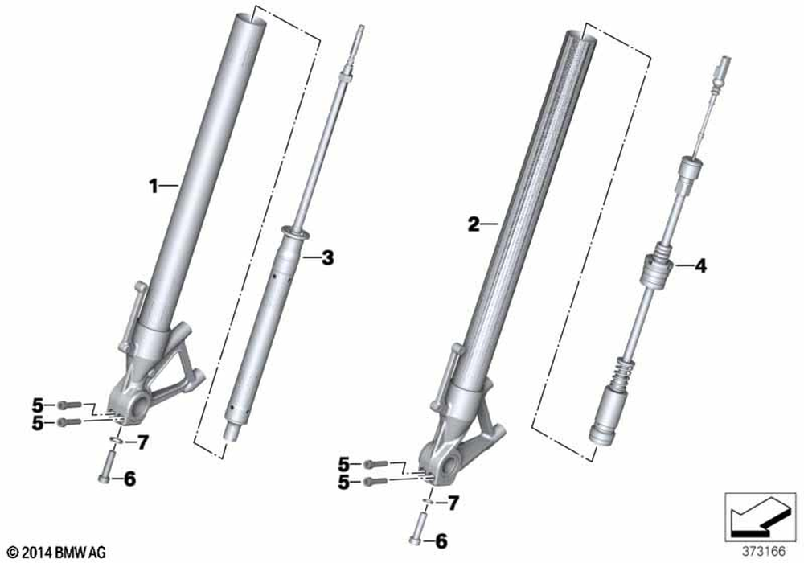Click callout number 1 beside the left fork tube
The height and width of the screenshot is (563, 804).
click(x=154, y=186)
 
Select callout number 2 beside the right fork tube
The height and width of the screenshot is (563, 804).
click(x=474, y=224)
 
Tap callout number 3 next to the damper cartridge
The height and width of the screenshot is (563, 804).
click(x=327, y=257)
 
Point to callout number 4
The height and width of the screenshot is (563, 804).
click(x=700, y=266)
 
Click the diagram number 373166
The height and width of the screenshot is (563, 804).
click(x=765, y=552)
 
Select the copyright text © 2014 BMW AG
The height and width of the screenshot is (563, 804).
click(x=57, y=553)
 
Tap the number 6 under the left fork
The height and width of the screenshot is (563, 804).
click(x=129, y=479)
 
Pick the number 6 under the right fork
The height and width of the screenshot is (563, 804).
click(x=441, y=541)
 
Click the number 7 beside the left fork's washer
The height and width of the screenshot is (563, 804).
click(x=142, y=442)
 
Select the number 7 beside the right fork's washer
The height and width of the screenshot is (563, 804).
click(x=453, y=503)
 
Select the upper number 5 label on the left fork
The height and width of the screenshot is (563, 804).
click(x=38, y=405)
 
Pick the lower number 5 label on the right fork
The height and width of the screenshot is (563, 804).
click(x=343, y=483)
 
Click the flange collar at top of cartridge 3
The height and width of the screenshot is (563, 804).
click(x=296, y=232)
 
